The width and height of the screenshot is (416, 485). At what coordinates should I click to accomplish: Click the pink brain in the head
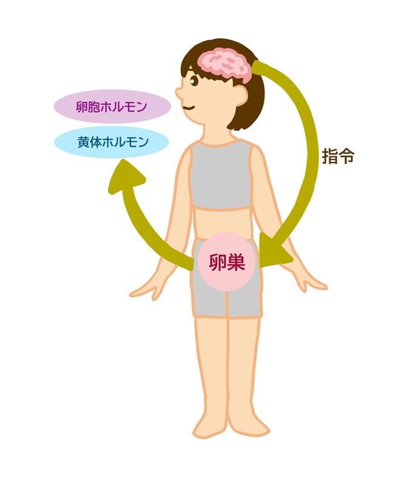[224, 65]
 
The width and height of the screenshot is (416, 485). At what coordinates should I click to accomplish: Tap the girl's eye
[194, 81]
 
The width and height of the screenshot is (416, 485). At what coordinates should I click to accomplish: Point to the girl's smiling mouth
[188, 108]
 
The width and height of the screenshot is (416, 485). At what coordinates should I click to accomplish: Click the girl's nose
[179, 93]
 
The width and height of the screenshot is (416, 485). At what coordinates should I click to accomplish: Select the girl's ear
[241, 95]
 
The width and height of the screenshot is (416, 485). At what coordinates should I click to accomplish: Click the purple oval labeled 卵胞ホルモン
[112, 107]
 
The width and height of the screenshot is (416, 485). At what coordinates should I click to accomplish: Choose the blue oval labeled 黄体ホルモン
[112, 142]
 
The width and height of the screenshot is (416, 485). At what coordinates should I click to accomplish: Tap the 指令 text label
[338, 156]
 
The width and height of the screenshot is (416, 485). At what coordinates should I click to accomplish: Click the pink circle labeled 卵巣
[227, 262]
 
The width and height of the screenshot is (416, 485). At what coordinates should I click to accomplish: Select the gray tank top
[221, 175]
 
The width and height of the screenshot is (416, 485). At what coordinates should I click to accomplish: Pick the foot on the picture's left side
[209, 427]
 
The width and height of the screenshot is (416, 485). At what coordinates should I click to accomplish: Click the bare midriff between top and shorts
[221, 222]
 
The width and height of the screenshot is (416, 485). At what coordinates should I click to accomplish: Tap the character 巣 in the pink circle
[236, 262]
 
